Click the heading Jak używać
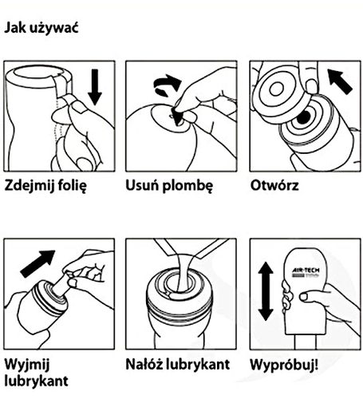[41, 28]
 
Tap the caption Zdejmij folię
[45, 186]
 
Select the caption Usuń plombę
[169, 186]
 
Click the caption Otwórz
[274, 185]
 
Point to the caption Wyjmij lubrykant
[37, 373]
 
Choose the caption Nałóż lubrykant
[177, 364]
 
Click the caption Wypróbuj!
[284, 365]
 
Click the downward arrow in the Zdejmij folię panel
[95, 87]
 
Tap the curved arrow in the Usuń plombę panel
[167, 84]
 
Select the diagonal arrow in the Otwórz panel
[340, 81]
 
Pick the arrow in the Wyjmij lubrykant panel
[37, 263]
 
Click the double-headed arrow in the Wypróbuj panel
[266, 291]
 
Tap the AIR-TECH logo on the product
[306, 273]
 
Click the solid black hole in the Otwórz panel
[303, 117]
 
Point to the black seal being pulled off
[176, 117]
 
